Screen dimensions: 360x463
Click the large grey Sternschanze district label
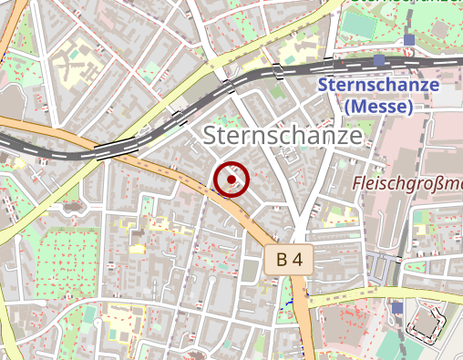283,136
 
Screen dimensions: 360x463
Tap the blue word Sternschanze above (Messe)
379,87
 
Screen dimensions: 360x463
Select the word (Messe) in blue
379,107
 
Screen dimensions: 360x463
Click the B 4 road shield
290,260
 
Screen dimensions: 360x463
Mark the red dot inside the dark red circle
232,180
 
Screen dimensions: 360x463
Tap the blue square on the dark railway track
378,60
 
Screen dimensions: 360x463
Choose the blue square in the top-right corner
409,40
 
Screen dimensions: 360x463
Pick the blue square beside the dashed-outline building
397,308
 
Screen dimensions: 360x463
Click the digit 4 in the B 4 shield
298,260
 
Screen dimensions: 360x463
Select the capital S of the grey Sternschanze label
211,136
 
